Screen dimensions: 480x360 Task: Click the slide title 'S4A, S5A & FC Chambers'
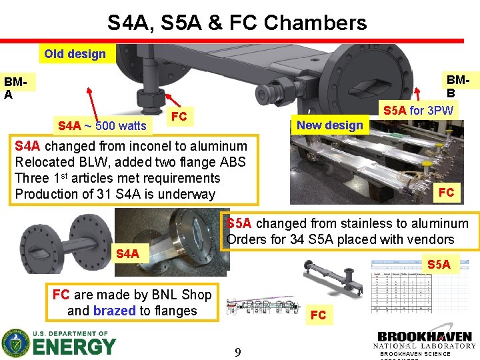point(237,23)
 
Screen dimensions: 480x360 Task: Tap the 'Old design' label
point(75,54)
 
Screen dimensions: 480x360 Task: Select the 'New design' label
point(330,125)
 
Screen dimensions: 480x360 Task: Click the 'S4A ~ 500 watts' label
point(102,125)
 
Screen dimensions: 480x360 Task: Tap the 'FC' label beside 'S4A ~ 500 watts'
point(179,117)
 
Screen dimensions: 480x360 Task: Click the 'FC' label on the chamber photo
point(446,192)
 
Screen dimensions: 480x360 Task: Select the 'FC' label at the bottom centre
point(319,315)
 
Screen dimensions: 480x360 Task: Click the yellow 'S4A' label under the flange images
point(127,253)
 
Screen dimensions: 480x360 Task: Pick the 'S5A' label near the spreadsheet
point(439,264)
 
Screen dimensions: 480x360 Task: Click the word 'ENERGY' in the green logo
point(74,347)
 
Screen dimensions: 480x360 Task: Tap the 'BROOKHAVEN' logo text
point(425,337)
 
